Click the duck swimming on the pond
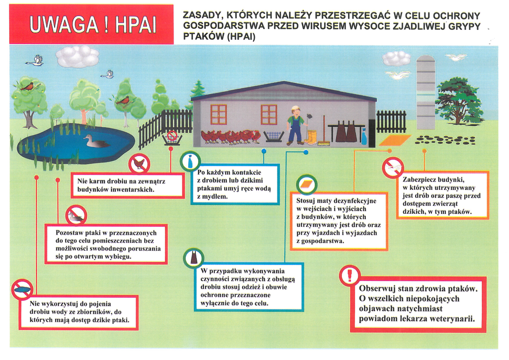(x=96, y=141)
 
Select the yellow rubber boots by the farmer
(x=311, y=138)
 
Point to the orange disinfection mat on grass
(x=395, y=141)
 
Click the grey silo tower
(x=425, y=92)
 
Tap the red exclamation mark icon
(x=349, y=275)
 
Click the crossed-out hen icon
(x=139, y=164)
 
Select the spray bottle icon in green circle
(x=190, y=161)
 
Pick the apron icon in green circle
(x=194, y=259)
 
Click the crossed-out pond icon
(x=22, y=289)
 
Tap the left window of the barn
(x=219, y=114)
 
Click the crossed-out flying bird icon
(x=393, y=168)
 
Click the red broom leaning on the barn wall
(x=324, y=130)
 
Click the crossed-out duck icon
(x=76, y=215)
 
